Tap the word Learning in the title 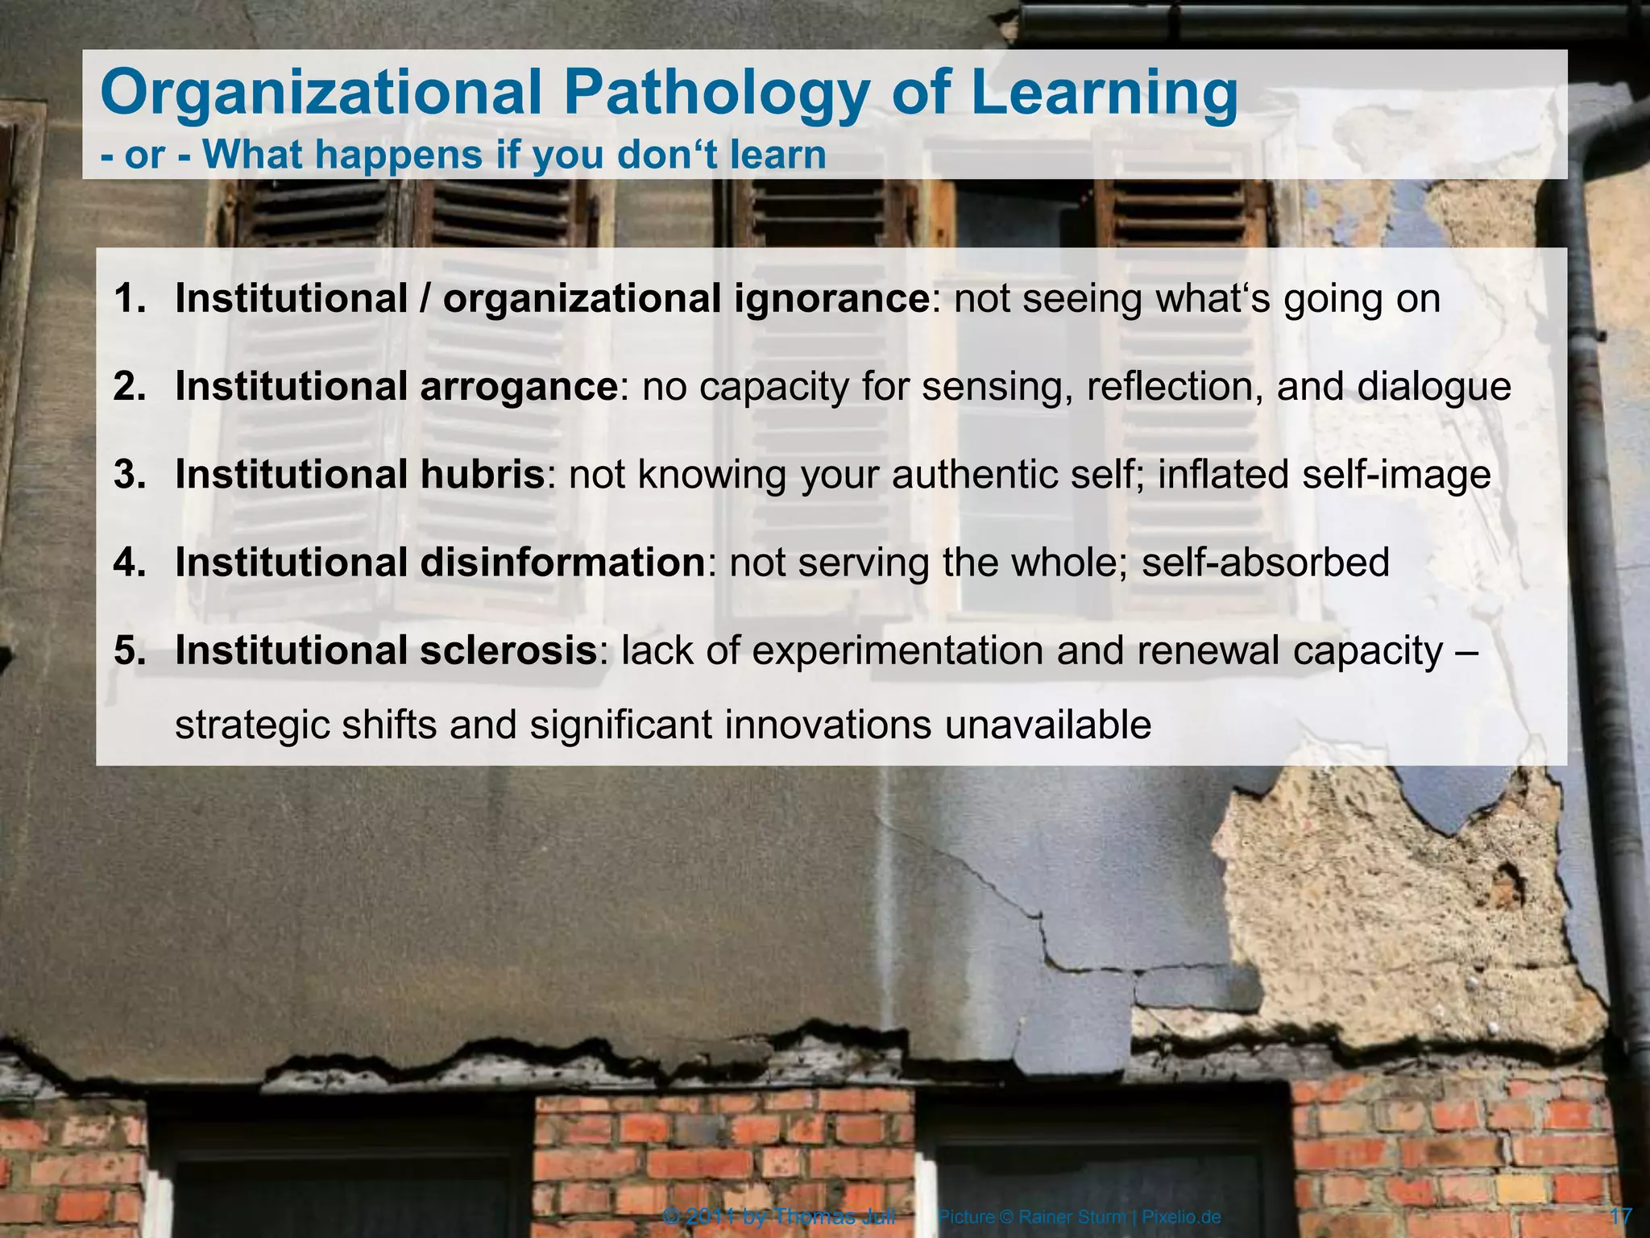point(1104,95)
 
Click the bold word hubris point(482,474)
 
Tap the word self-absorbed point(1266,562)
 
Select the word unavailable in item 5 point(1047,725)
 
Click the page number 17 point(1620,1216)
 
